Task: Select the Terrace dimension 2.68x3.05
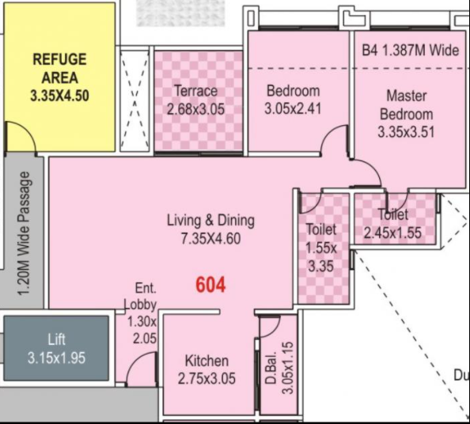pyautogui.click(x=195, y=108)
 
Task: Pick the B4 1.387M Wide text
pyautogui.click(x=410, y=50)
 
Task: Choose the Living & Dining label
pyautogui.click(x=210, y=220)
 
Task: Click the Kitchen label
pyautogui.click(x=207, y=361)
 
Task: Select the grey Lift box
pyautogui.click(x=55, y=349)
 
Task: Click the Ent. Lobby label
pyautogui.click(x=142, y=297)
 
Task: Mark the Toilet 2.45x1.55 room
pyautogui.click(x=393, y=224)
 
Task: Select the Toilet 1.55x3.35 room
pyautogui.click(x=321, y=248)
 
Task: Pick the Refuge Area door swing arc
pyautogui.click(x=22, y=136)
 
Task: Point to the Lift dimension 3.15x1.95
pyautogui.click(x=55, y=358)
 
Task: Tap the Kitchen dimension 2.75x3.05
pyautogui.click(x=207, y=379)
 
